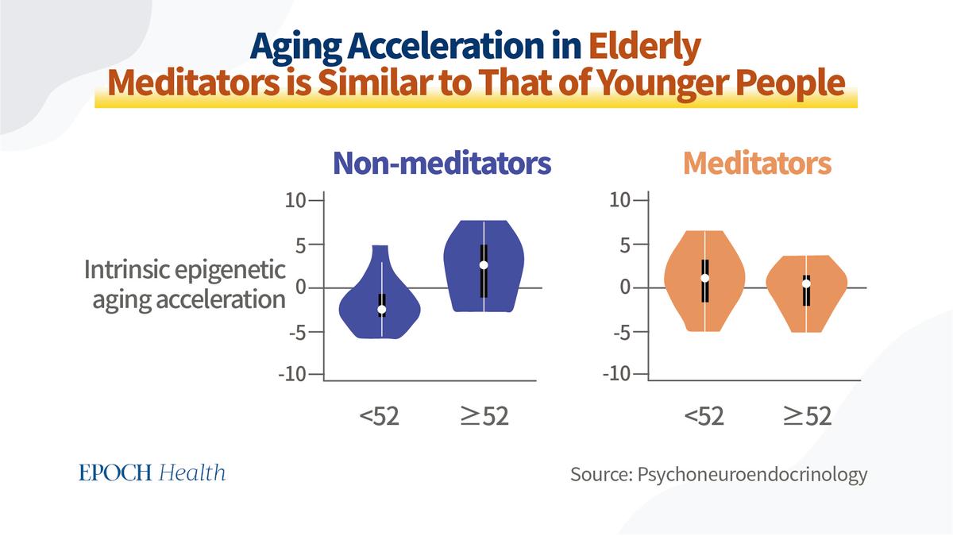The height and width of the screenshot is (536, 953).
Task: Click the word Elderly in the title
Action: click(645, 48)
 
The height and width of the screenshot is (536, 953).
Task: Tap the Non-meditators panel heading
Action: click(442, 163)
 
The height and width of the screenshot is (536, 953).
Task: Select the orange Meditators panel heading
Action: click(758, 163)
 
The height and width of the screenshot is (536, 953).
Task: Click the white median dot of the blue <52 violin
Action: click(382, 309)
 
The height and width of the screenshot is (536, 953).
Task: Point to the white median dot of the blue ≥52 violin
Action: click(484, 265)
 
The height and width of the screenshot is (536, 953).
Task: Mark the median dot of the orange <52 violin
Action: click(705, 278)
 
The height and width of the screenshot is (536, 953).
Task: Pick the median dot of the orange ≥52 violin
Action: click(806, 283)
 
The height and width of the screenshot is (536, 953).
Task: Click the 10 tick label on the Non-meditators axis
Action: click(295, 200)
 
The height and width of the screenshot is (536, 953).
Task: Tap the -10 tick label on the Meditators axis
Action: click(616, 374)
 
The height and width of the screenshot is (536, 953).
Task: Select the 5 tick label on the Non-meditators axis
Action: click(301, 245)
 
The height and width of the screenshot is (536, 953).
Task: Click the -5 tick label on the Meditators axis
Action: click(622, 333)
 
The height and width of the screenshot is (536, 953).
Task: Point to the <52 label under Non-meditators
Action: click(379, 416)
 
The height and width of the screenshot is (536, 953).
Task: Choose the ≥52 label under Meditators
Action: click(807, 416)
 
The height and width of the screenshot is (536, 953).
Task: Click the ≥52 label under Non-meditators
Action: click(484, 416)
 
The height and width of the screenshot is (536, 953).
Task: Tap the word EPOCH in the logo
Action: click(115, 473)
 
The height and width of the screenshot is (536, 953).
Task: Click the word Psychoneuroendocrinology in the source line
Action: click(752, 475)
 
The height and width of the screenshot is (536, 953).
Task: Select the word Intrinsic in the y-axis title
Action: click(126, 270)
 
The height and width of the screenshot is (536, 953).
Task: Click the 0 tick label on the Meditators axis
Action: click(626, 287)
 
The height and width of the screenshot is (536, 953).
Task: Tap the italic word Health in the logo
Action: click(192, 473)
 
